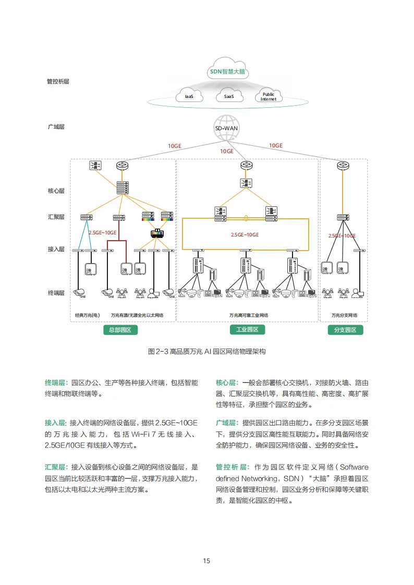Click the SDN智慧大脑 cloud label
coord(227,72)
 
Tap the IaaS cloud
coord(189,96)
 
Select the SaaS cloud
coord(229,96)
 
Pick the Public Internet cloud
coord(269,96)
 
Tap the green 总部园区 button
coord(120,330)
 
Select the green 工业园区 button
coord(247,330)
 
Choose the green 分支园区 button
coord(345,330)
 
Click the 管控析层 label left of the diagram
coord(58,82)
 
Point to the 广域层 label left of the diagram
coord(56,127)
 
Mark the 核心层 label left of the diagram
coord(56,191)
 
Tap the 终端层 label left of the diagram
coord(56,293)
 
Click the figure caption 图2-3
coord(207,352)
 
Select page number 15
coord(206,561)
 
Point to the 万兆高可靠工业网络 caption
coord(248,315)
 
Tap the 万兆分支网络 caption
coord(344,315)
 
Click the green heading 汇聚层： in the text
coord(57,467)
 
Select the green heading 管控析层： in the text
coord(233,467)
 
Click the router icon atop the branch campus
coord(343,165)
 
